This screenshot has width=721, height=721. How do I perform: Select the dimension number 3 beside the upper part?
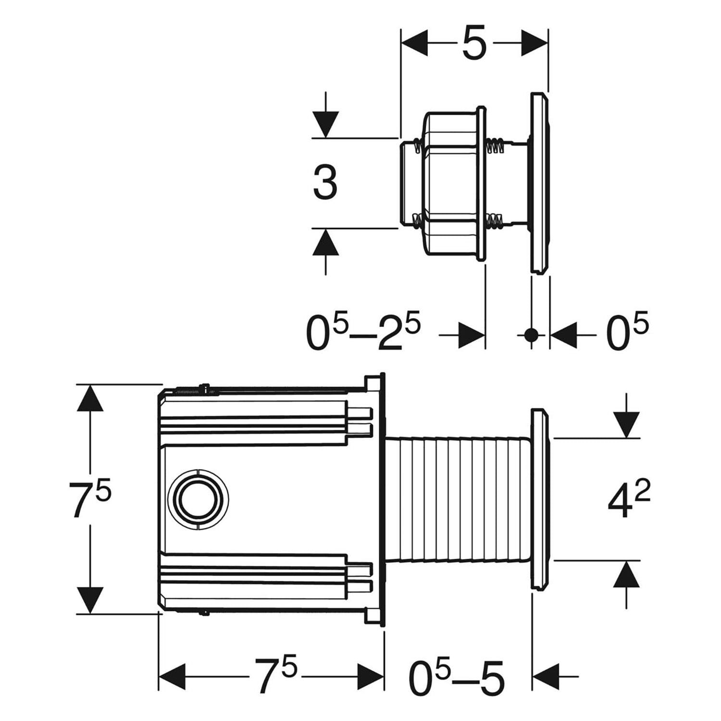point(325,183)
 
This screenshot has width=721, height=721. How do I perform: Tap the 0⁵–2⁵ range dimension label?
point(364,332)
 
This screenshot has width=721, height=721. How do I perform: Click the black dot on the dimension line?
point(531,335)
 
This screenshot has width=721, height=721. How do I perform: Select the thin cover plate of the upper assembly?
point(539,183)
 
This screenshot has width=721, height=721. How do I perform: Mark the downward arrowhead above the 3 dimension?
point(326,124)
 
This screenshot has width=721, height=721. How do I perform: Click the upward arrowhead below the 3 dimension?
point(326,241)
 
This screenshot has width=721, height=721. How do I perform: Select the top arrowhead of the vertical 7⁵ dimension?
point(90,398)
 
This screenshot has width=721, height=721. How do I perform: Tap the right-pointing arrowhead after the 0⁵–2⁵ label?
point(471,335)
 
